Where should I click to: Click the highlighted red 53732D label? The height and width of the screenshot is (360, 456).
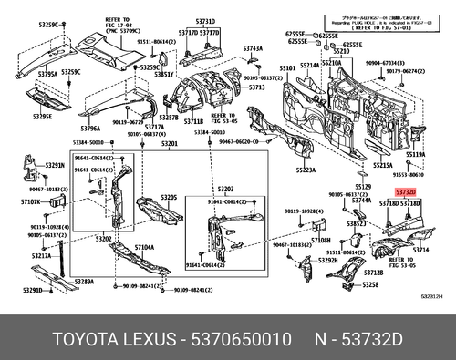pyautogui.click(x=406, y=193)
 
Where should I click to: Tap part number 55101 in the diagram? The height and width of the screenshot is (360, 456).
pyautogui.click(x=288, y=68)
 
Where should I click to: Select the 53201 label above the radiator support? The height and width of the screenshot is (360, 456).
pyautogui.click(x=170, y=144)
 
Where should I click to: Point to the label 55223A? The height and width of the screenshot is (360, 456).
pyautogui.click(x=305, y=170)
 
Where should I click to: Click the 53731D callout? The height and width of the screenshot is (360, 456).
pyautogui.click(x=206, y=20)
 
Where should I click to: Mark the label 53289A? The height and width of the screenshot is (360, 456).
pyautogui.click(x=85, y=283)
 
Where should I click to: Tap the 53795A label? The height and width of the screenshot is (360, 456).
pyautogui.click(x=47, y=73)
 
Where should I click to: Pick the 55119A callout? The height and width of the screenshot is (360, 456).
pyautogui.click(x=415, y=155)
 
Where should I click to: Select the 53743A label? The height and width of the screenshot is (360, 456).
pyautogui.click(x=253, y=48)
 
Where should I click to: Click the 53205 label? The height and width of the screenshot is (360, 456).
pyautogui.click(x=170, y=198)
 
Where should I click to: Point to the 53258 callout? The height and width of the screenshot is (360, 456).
pyautogui.click(x=370, y=285)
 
